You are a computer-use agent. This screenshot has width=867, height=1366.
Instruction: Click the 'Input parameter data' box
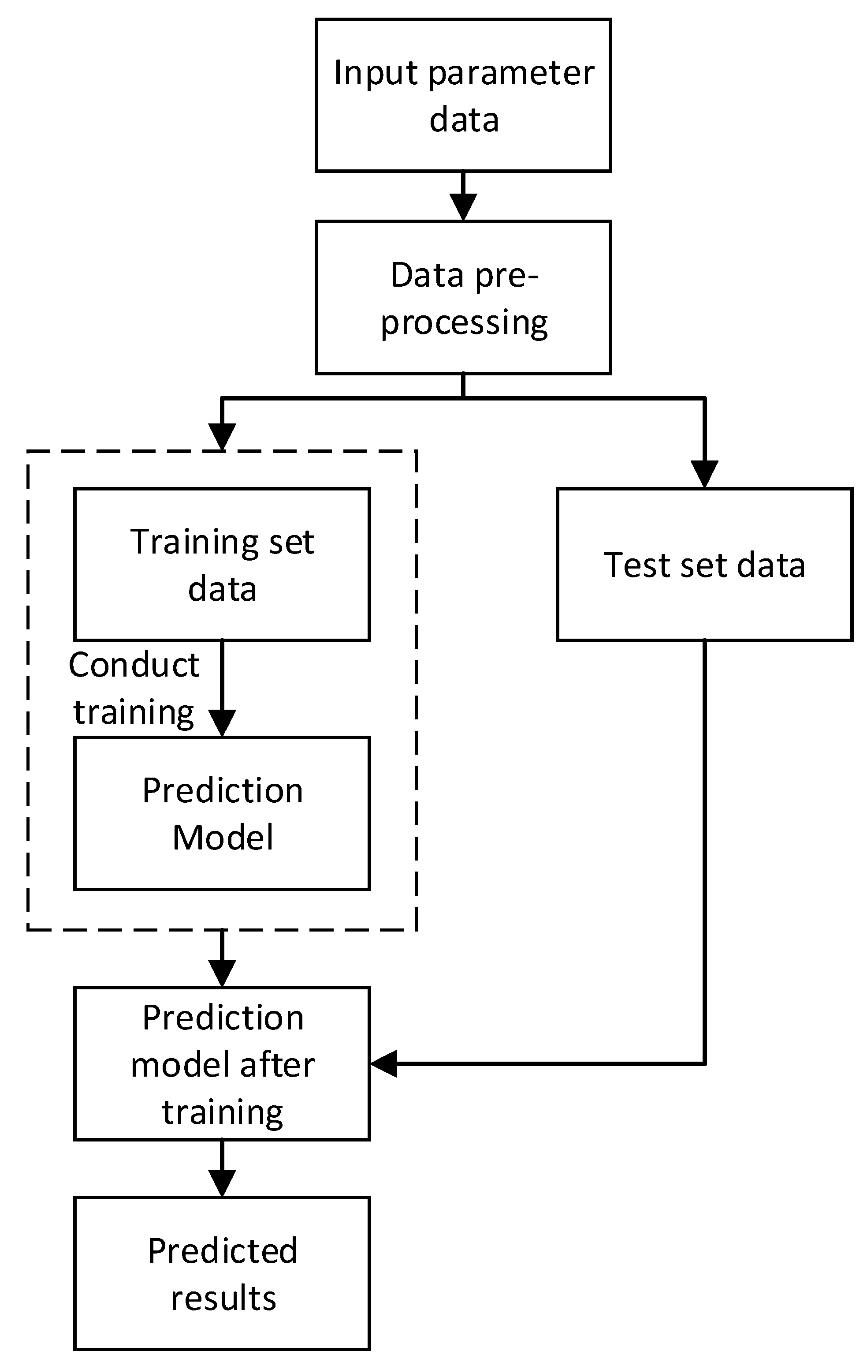tap(463, 95)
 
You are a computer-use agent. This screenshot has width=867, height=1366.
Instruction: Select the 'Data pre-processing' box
tap(463, 297)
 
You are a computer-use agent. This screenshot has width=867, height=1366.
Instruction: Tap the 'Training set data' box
tap(222, 565)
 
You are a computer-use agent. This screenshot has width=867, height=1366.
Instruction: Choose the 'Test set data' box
tap(704, 565)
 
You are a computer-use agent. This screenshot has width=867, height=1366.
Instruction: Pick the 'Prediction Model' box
tap(222, 813)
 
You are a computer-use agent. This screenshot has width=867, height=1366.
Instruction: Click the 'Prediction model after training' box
tap(222, 1063)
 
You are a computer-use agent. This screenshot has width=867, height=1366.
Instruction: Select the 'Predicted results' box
tap(222, 1273)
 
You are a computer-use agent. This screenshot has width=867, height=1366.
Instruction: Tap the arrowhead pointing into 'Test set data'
tap(704, 474)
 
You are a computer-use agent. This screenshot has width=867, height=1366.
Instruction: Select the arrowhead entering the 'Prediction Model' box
tap(222, 724)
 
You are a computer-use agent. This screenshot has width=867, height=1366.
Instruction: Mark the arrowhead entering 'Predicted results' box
tap(222, 1183)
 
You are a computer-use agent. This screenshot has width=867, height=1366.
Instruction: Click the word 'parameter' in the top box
tap(511, 74)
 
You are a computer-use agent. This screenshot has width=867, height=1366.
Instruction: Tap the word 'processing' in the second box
tap(464, 323)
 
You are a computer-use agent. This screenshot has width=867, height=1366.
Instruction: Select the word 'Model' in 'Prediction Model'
tap(222, 838)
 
